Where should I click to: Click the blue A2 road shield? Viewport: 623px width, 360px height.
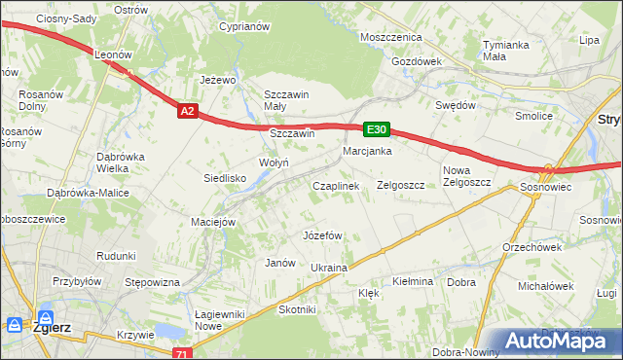point(189,112)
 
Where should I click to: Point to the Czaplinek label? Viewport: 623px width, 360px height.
point(336,185)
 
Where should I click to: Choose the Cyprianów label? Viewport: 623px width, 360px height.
point(243,27)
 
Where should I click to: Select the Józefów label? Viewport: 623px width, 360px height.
point(322,235)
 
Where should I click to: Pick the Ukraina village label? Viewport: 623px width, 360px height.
point(329,268)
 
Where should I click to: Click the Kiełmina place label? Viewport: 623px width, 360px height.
point(412,281)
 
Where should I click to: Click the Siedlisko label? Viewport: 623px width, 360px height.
point(224,178)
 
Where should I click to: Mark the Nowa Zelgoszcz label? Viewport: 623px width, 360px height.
point(463,176)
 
